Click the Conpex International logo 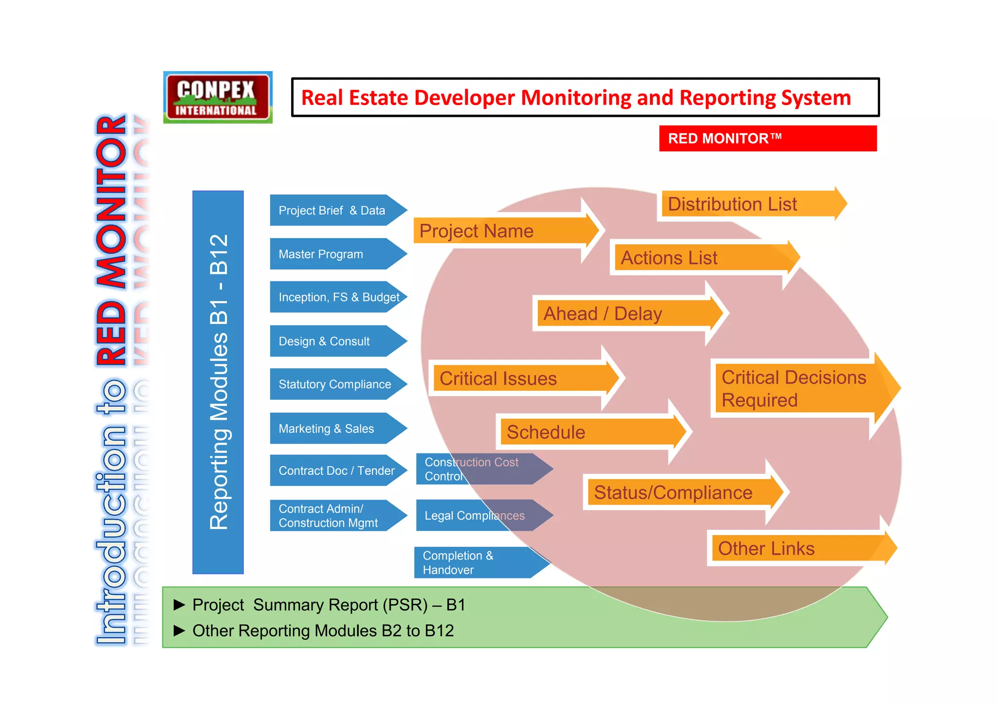(x=218, y=97)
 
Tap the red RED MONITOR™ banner (x=767, y=139)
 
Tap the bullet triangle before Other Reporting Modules (x=180, y=631)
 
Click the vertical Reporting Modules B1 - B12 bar (x=218, y=382)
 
